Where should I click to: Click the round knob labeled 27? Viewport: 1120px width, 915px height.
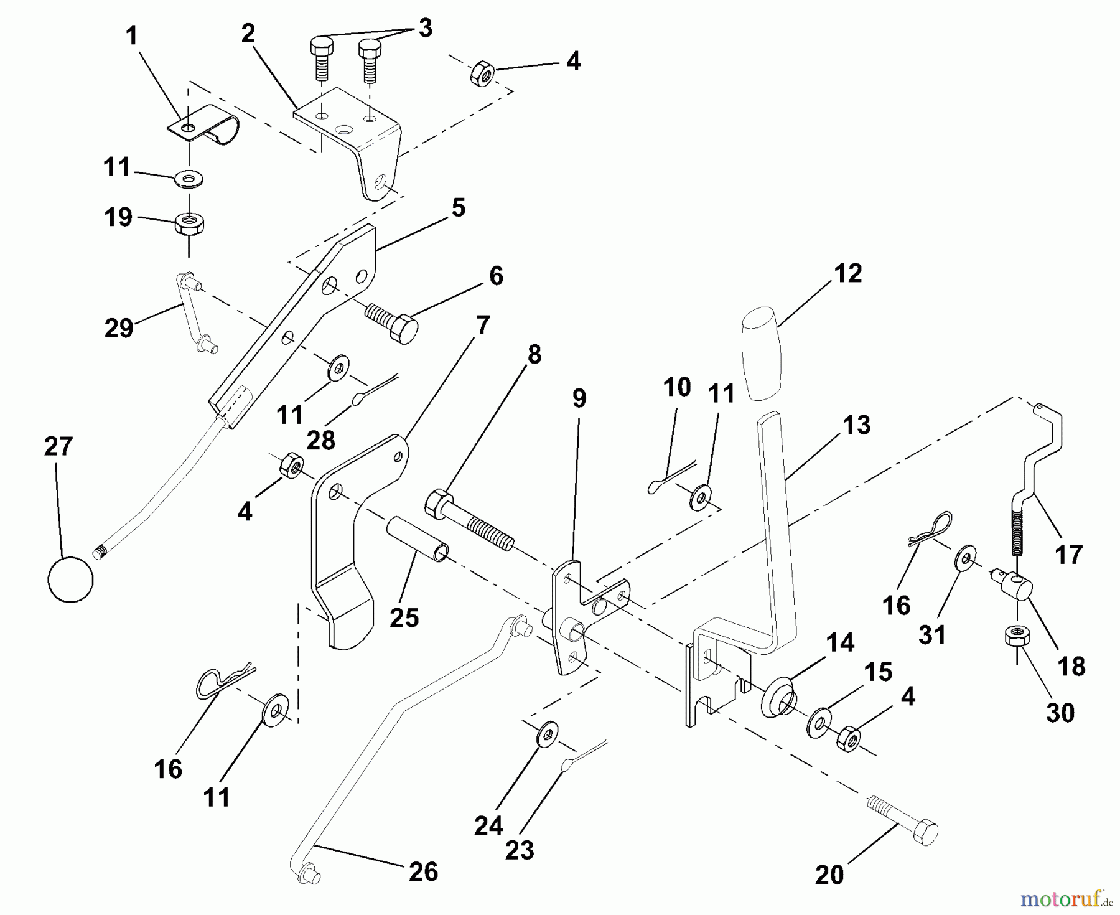coord(70,579)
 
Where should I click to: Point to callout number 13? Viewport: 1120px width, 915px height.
coord(856,425)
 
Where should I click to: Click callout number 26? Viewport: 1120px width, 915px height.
coord(423,871)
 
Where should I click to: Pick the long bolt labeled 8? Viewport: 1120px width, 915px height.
coord(468,519)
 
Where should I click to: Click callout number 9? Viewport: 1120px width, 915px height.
coord(579,398)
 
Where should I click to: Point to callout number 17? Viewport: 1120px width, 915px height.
coord(1069,553)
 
